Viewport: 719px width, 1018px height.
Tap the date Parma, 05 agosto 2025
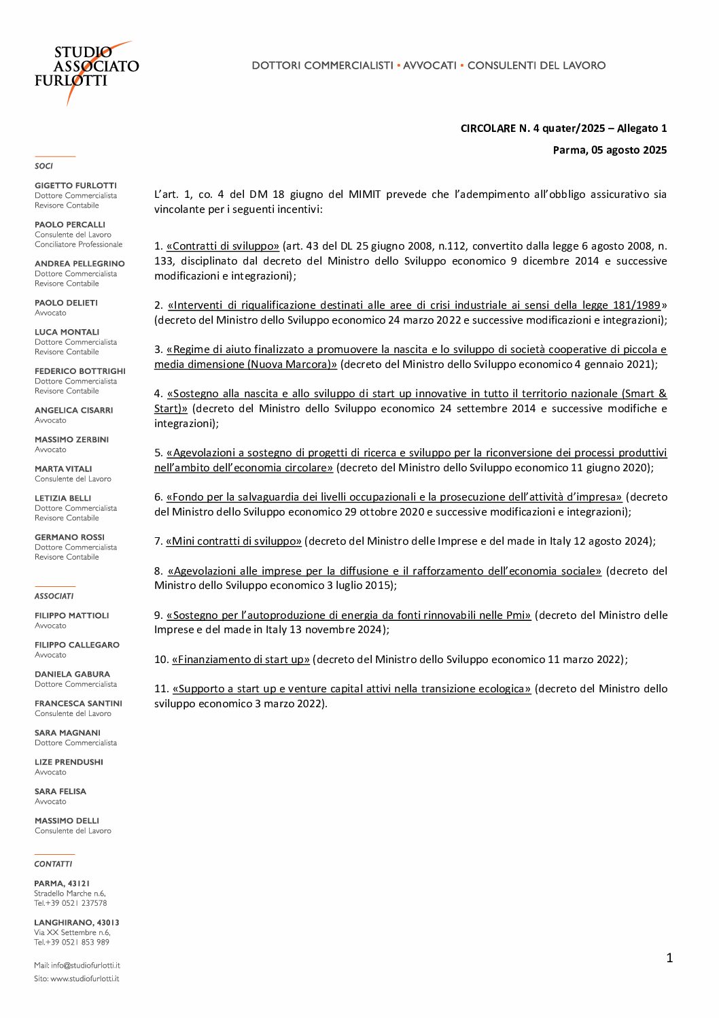[610, 150]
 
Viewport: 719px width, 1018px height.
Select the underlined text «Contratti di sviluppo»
[223, 246]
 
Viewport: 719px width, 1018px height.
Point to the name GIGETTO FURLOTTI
[75, 186]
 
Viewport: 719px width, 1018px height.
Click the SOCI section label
[44, 166]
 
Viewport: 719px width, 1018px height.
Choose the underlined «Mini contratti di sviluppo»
[234, 541]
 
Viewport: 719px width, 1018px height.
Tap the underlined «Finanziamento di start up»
[241, 660]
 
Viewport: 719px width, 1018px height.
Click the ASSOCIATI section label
[54, 596]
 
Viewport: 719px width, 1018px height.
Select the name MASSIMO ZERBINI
[71, 440]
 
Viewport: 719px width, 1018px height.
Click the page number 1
[669, 958]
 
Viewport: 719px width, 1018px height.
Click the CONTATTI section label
[53, 864]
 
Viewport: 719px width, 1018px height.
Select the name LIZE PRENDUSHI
[69, 762]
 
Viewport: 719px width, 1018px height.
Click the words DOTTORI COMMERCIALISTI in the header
[322, 65]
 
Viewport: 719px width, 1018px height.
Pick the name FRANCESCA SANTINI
[78, 704]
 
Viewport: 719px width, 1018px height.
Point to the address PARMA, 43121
[62, 884]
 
